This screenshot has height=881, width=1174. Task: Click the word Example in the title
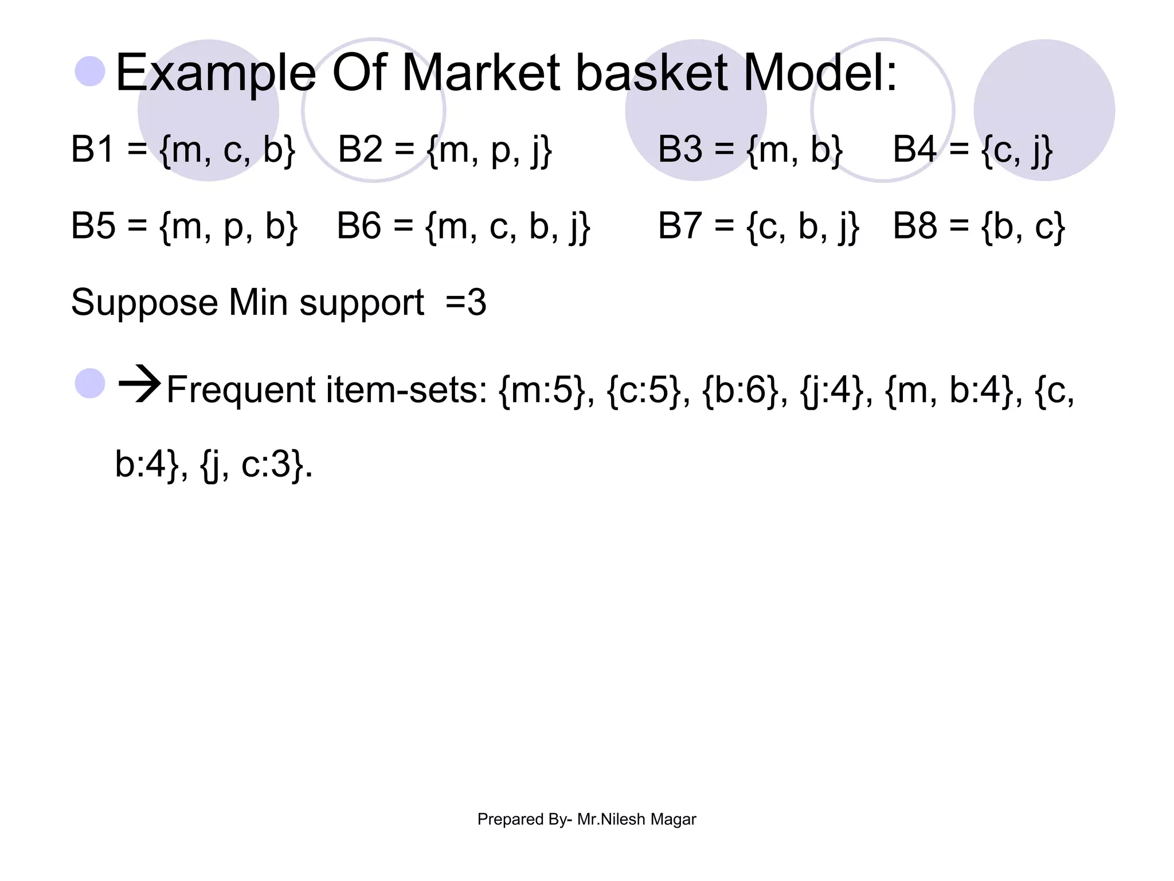pos(216,73)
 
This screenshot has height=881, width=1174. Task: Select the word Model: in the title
pos(820,73)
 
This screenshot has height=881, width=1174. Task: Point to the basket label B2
pos(360,149)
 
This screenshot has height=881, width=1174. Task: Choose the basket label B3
pos(680,149)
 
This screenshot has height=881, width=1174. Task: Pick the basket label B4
pos(915,149)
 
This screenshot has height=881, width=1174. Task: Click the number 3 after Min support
pos(477,302)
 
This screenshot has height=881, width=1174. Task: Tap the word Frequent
pos(241,390)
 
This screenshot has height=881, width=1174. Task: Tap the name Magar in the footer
pos(673,819)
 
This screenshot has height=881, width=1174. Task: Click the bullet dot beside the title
pos(90,71)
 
